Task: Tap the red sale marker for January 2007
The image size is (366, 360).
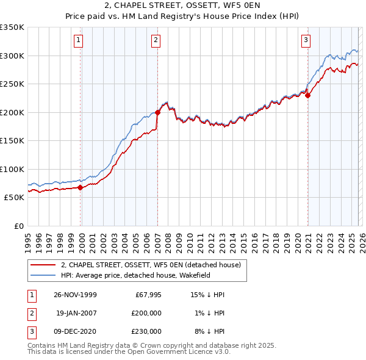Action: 157,112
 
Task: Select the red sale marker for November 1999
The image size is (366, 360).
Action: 80,187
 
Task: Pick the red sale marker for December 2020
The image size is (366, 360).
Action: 308,95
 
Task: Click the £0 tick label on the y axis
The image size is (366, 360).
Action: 18,226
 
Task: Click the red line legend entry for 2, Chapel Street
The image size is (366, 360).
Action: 151,265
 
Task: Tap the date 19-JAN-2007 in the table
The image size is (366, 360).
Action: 76,313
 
